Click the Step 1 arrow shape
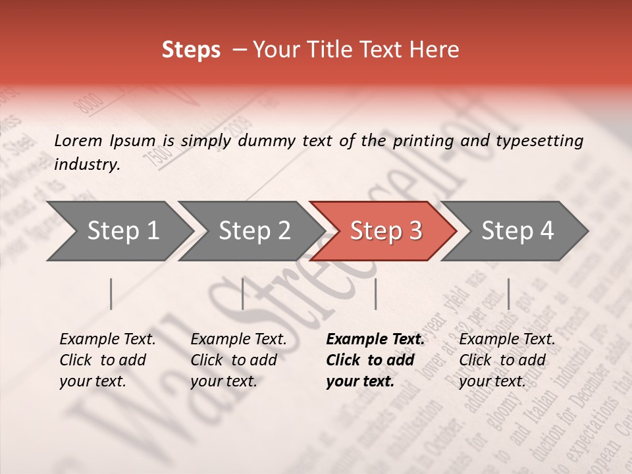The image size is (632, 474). pos(122,231)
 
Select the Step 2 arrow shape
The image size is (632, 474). pos(253,231)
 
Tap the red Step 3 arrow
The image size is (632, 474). pos(385,231)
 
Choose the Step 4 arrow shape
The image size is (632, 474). pos(517,231)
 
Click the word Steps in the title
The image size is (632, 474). pos(191,50)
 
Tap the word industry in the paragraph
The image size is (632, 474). pos(86,165)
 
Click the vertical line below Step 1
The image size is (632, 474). pos(111,294)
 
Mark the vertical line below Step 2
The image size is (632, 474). pos(243,294)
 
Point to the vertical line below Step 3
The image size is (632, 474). pos(375,294)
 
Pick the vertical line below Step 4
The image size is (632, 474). pos(508,294)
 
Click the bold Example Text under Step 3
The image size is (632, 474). pos(375,340)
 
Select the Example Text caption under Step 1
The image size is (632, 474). pos(107,340)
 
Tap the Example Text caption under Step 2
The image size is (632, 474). pos(238,340)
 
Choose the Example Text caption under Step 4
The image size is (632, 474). pos(507,340)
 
